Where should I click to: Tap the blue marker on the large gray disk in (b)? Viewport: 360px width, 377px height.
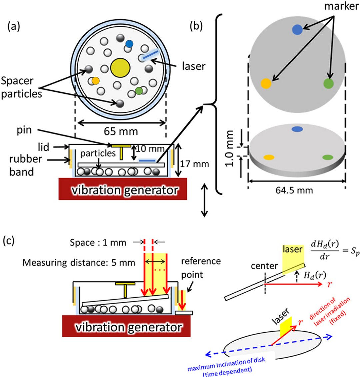coord(297,30)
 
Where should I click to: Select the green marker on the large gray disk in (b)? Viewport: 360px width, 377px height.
coord(328,83)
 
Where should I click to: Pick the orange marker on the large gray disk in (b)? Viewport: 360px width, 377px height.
coord(266,83)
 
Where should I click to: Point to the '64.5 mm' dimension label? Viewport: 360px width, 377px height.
coord(294,190)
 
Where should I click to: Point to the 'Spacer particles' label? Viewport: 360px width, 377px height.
coord(21,87)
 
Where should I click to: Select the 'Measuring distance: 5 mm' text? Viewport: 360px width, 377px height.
coord(79,263)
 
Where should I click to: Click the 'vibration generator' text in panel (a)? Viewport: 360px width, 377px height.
coord(122,190)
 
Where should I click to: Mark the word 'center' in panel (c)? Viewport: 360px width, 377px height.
coord(264,266)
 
